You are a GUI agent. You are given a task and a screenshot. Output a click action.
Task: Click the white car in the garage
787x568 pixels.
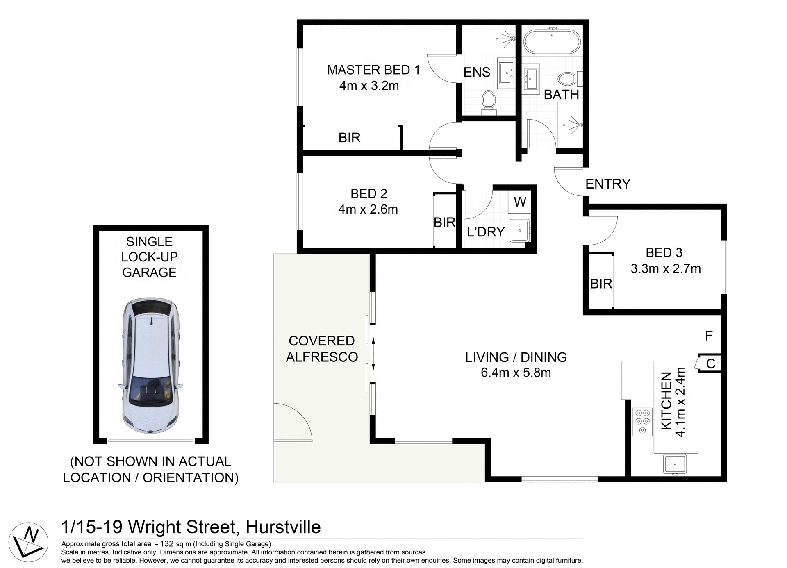pos(151,367)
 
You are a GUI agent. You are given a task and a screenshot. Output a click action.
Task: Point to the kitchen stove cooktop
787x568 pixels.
pos(642,421)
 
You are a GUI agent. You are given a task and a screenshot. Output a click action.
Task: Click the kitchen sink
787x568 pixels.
pos(675,464)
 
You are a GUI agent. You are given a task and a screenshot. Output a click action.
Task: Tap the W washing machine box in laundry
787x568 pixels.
pos(520,202)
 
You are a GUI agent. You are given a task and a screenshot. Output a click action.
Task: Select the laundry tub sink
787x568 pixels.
pos(520,231)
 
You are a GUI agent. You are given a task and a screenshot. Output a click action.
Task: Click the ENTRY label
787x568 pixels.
pos(607,184)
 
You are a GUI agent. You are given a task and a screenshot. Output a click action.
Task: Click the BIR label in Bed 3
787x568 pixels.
pos(601,284)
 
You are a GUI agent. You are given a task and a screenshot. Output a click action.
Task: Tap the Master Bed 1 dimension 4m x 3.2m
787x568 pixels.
pos(369,86)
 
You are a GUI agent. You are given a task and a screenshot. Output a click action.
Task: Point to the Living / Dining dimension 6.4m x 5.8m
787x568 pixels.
pos(516,373)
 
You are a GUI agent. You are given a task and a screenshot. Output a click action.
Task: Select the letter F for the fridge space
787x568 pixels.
pos(709,336)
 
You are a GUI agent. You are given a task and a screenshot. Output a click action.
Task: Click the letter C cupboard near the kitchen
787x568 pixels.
pos(711,364)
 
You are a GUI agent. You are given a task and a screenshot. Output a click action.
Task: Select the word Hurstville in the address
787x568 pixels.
pos(283,527)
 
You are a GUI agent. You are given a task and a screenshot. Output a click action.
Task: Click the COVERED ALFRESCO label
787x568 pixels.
pos(322,349)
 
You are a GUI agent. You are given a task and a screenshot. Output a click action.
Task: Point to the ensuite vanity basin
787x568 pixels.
pos(506,73)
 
